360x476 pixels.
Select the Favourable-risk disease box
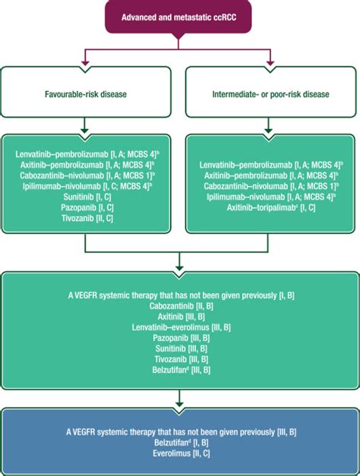point(88,96)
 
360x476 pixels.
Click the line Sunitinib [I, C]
point(88,194)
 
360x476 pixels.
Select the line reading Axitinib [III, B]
point(181,317)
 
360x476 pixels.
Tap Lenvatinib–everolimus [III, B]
point(181,327)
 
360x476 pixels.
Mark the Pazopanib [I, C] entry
point(88,205)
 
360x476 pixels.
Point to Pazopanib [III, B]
point(181,338)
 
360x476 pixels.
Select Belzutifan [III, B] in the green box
point(181,370)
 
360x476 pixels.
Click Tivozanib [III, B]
point(181,359)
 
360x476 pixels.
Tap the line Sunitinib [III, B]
point(181,348)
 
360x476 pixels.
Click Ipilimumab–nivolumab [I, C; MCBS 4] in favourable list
point(88,184)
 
